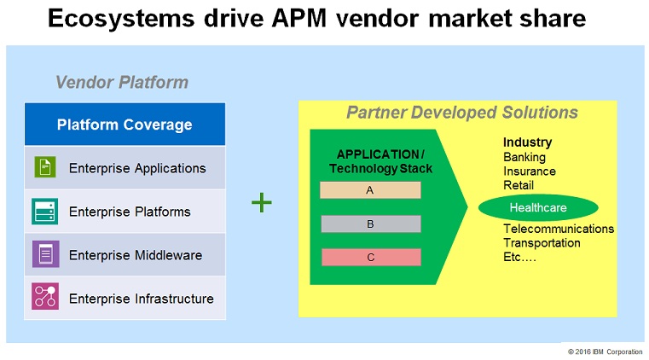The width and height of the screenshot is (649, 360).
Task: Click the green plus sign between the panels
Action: [x=262, y=202]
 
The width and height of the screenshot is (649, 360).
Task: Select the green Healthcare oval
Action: [x=538, y=207]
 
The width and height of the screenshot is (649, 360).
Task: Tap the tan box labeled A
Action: [x=370, y=190]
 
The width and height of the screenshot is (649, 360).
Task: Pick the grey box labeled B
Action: [x=371, y=224]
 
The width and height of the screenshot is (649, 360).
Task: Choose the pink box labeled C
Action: [x=371, y=257]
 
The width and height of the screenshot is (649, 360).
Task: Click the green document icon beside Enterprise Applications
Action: [x=45, y=167]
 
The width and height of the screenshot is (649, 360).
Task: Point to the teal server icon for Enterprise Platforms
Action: [x=44, y=211]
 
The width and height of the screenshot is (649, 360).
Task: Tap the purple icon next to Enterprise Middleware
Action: [x=45, y=254]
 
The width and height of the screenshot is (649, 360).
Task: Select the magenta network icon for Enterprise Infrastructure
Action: [x=45, y=296]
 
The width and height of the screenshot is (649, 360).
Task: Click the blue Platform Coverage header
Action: [x=125, y=125]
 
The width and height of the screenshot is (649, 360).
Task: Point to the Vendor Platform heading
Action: [x=122, y=83]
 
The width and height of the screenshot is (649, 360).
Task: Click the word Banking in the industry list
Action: [x=524, y=157]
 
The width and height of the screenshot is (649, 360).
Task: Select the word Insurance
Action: [x=530, y=171]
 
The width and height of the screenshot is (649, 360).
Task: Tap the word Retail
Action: [x=519, y=185]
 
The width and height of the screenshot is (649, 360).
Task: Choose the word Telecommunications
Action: [x=559, y=229]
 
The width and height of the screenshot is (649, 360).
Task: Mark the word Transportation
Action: [x=542, y=243]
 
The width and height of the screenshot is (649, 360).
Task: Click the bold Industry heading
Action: [x=527, y=142]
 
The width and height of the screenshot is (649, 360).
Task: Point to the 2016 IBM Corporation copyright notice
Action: [x=606, y=351]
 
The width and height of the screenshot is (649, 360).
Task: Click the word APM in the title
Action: [x=299, y=19]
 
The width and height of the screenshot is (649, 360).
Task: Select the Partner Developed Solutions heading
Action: [x=462, y=113]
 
